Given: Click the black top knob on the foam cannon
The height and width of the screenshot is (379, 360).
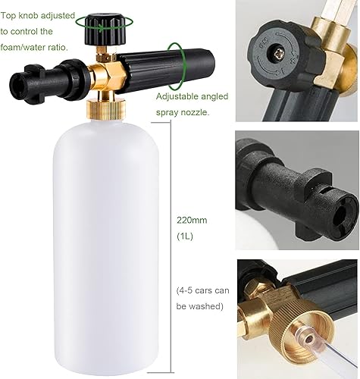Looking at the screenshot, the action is coord(105,30).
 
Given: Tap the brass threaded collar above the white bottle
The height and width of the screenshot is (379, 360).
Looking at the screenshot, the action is coord(106,109).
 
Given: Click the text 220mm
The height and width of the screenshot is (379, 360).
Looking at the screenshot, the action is coord(192,221).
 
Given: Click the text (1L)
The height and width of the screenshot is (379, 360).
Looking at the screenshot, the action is coord(184,236).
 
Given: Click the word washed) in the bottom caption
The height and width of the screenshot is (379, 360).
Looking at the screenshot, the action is coord(205,306).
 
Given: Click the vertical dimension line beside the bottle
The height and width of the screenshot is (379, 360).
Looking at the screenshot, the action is coord(171,247).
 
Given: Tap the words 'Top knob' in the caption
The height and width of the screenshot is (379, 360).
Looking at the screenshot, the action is coord(19,16).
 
